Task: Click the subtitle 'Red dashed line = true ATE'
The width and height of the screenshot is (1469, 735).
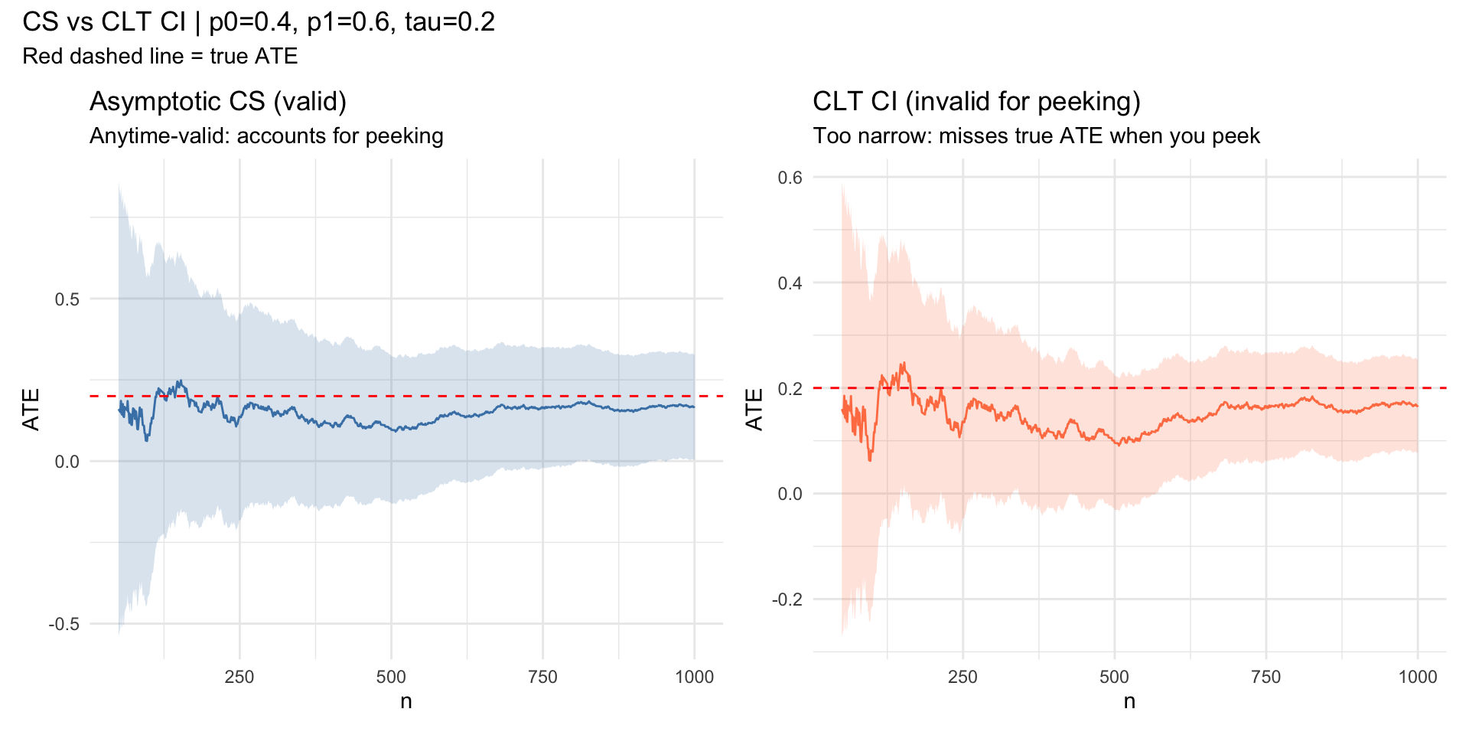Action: tap(160, 56)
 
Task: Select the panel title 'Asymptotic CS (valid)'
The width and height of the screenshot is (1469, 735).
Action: tap(218, 101)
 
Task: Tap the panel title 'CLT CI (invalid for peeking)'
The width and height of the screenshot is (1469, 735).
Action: tap(976, 101)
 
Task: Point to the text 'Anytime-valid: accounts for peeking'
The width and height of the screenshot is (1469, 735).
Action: tap(266, 136)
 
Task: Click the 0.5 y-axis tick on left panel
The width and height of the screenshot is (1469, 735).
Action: tap(67, 299)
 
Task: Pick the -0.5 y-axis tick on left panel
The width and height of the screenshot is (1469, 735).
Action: tap(64, 624)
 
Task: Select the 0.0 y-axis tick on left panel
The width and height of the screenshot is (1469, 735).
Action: tap(67, 462)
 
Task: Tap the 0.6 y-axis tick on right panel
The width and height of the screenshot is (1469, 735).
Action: tap(790, 178)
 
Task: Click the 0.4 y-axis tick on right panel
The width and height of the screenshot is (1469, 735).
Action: tap(790, 283)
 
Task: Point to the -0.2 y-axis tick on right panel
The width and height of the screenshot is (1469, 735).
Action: tap(787, 599)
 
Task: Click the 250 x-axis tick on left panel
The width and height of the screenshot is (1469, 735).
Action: tap(239, 677)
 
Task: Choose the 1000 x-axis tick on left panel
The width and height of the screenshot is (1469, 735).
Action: tap(695, 677)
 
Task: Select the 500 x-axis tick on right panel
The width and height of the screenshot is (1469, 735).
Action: tap(1114, 677)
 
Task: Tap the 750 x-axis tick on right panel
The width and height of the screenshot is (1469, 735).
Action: tap(1265, 677)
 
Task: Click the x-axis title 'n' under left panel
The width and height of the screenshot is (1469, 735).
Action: tap(406, 701)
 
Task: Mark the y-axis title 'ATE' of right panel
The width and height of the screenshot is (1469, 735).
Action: tap(754, 410)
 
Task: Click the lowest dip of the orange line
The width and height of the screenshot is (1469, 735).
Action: tap(870, 459)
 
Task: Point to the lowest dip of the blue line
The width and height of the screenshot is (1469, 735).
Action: tap(147, 440)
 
